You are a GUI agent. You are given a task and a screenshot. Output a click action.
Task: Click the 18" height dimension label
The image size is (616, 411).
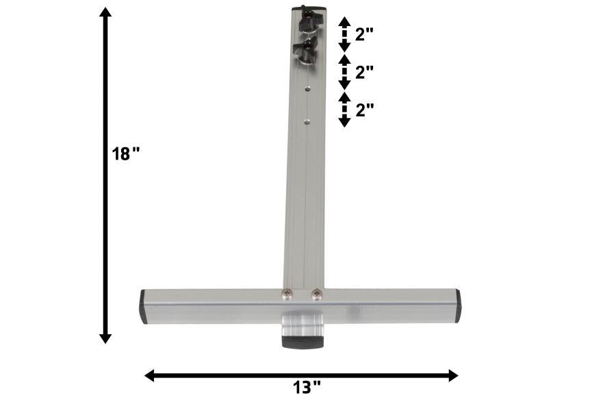(126, 153)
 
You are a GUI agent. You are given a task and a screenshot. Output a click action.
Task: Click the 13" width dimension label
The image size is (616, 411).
(307, 388)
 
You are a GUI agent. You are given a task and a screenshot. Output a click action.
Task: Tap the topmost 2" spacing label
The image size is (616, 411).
(364, 35)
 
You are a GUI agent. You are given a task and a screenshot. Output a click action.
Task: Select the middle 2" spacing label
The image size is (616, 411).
(364, 73)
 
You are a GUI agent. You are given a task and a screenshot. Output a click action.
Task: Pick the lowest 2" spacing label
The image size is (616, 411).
(365, 110)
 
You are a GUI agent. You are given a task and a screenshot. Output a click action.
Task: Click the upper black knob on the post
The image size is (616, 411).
(309, 21)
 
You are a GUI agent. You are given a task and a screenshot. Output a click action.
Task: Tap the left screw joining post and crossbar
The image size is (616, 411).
(287, 293)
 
